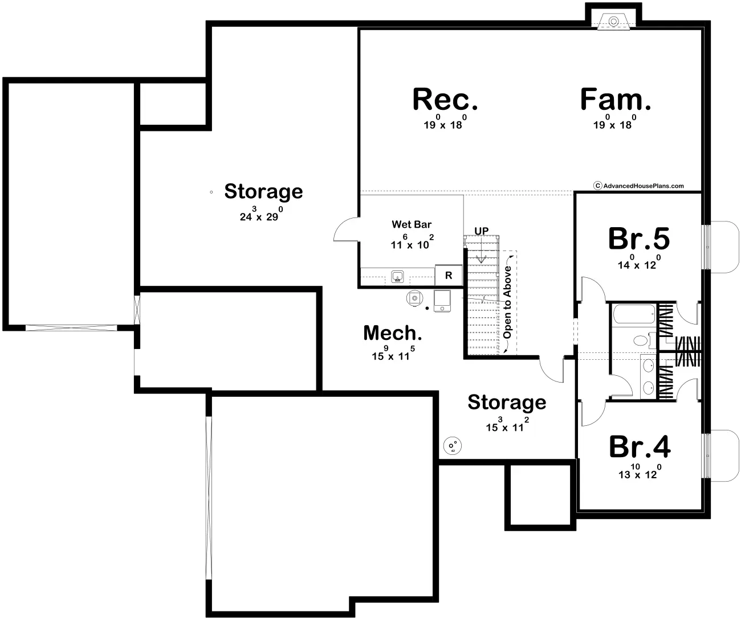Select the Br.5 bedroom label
[x=639, y=239]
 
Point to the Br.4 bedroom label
[x=640, y=447]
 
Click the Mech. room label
[x=393, y=333]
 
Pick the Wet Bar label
[x=412, y=224]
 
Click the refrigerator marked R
[x=449, y=275]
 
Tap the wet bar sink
[x=397, y=276]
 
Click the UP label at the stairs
[x=482, y=231]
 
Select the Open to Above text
[x=507, y=302]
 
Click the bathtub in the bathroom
[x=634, y=314]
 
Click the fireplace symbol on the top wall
[x=613, y=22]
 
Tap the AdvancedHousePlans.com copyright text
[x=638, y=186]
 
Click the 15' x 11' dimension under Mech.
[x=393, y=354]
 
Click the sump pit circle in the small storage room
[x=453, y=446]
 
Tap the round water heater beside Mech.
[x=414, y=298]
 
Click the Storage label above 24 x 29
[x=264, y=192]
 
